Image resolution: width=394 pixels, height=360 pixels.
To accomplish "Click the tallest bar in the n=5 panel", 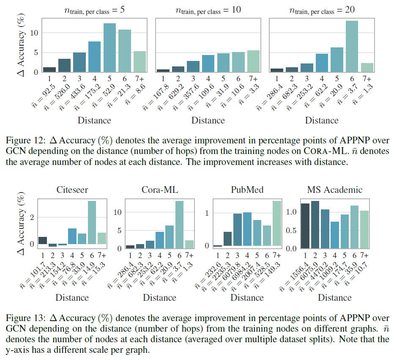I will [109, 48].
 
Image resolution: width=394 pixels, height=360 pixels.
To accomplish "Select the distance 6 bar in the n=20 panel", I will [349, 47].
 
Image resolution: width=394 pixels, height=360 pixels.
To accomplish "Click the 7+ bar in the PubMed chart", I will [276, 223].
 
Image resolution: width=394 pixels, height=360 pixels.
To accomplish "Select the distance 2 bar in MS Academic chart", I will [315, 225].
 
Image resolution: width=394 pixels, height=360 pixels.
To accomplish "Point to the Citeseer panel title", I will [72, 190].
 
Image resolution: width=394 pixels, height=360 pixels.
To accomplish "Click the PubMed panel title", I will [247, 190].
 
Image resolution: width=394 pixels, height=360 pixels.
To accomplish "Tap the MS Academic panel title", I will [335, 190].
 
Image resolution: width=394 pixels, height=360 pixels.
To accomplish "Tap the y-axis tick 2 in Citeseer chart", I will [31, 217].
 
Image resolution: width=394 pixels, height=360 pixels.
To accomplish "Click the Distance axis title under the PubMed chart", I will [247, 297].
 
